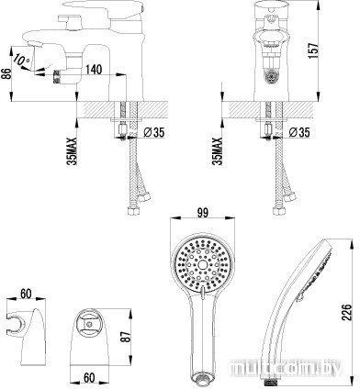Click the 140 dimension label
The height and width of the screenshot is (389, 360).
(x=94, y=70)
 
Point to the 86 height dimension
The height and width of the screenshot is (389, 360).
(x=7, y=73)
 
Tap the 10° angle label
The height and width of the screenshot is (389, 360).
(x=22, y=60)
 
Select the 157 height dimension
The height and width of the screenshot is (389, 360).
(x=313, y=49)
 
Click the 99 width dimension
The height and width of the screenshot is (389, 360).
(x=202, y=213)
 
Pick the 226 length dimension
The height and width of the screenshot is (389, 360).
(x=346, y=312)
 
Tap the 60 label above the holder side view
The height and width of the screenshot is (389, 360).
(x=26, y=294)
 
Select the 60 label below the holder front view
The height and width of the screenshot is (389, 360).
(x=89, y=378)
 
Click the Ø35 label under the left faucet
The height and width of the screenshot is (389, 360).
(x=154, y=132)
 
